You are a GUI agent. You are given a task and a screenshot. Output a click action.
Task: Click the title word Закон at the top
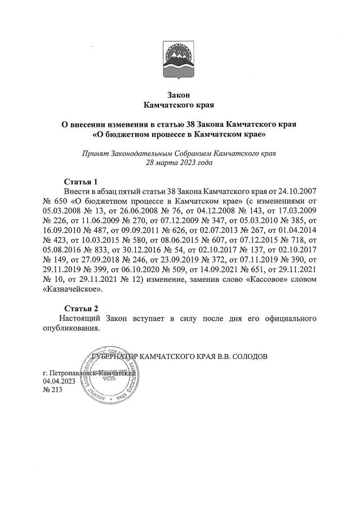pos(180,95)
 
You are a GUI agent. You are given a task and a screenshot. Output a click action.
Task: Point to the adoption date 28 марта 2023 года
pos(180,162)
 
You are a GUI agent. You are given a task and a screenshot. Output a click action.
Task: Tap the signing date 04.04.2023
pos(59,382)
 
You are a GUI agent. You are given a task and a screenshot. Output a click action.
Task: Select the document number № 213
pos(54,391)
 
